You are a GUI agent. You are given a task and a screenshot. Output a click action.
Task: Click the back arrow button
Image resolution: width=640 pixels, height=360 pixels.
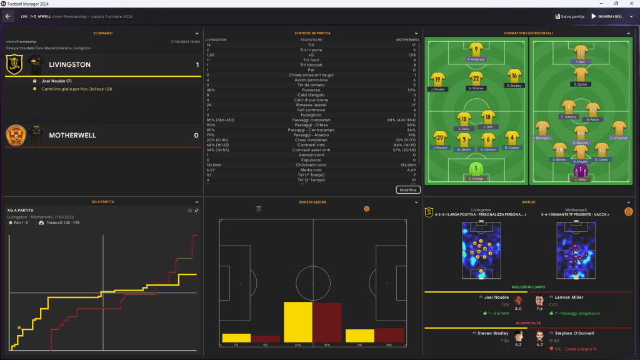point(8,16)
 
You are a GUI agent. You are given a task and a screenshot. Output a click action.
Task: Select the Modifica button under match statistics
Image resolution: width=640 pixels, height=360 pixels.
point(408,189)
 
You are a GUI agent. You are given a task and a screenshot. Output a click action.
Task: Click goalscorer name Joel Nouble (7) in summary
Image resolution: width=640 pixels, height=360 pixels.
point(56,81)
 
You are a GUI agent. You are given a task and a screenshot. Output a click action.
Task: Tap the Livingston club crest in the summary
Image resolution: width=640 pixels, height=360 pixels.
point(14,64)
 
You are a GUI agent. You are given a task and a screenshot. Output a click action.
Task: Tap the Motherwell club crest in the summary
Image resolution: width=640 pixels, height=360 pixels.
point(14,134)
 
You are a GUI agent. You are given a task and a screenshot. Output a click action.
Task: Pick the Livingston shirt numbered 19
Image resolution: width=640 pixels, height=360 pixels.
point(437,79)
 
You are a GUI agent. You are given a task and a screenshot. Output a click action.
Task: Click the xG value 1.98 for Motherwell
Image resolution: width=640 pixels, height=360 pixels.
point(411,54)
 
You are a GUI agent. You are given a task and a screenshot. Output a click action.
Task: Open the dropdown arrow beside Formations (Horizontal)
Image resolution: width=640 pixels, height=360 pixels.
point(628,33)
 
